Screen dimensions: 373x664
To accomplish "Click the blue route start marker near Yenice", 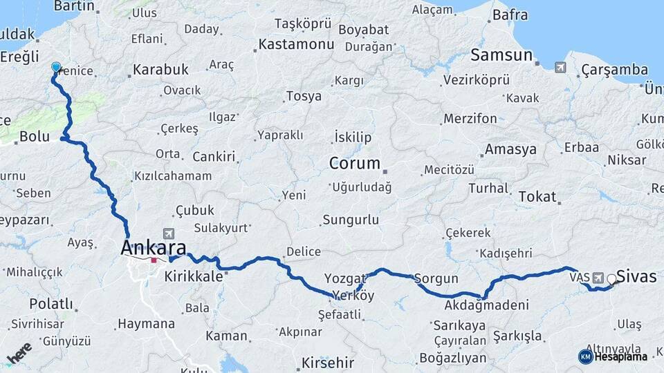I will (x=56, y=67).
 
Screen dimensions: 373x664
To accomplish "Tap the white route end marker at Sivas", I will (x=611, y=280).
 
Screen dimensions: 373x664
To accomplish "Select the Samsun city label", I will (x=501, y=56).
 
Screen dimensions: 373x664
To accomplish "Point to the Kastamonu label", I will (x=296, y=44).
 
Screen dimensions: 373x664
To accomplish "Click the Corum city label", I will (x=355, y=164).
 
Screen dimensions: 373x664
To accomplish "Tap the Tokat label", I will (x=537, y=197).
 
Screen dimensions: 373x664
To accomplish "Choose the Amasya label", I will (x=510, y=149).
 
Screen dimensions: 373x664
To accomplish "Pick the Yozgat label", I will (x=345, y=278).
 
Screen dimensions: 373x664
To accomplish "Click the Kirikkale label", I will (x=194, y=276).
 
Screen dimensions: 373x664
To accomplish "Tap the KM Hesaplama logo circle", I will (x=585, y=356).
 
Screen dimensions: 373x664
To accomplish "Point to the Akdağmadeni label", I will (x=487, y=305).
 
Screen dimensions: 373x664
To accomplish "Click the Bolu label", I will (x=34, y=137).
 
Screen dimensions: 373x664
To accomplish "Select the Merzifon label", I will (x=470, y=119).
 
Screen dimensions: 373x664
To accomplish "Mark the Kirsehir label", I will (x=328, y=363).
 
